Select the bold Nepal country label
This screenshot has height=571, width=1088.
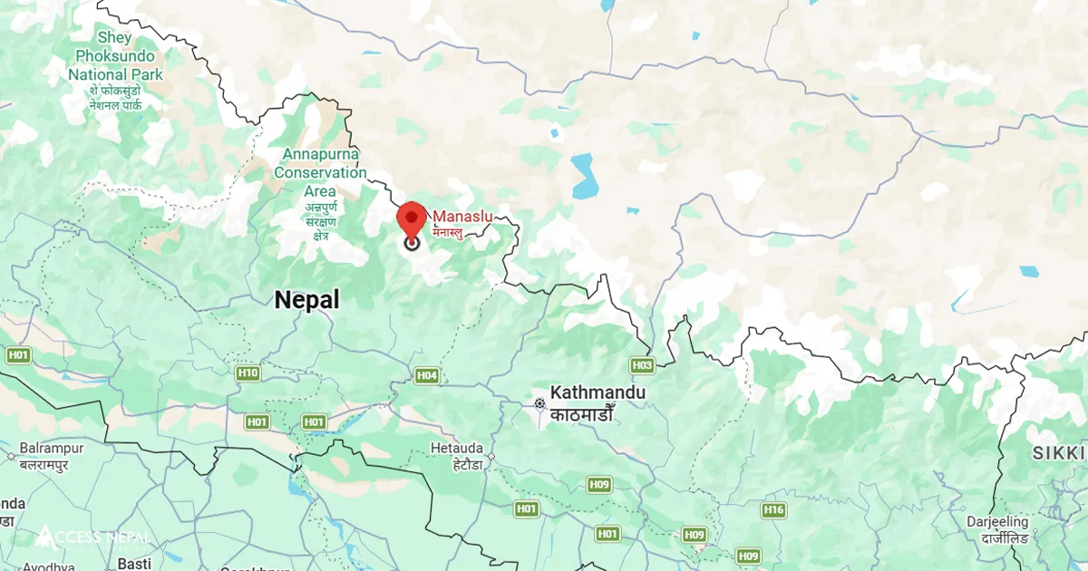click(307, 300)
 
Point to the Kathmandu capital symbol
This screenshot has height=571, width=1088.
click(540, 403)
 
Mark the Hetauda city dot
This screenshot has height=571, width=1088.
click(491, 458)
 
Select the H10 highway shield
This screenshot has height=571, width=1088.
click(247, 373)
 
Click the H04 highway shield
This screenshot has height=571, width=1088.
click(427, 375)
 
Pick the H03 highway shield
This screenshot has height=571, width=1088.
click(642, 365)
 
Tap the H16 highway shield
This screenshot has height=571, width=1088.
click(773, 510)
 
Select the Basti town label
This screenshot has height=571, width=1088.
click(133, 564)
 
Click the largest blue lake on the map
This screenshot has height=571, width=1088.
click(585, 176)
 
